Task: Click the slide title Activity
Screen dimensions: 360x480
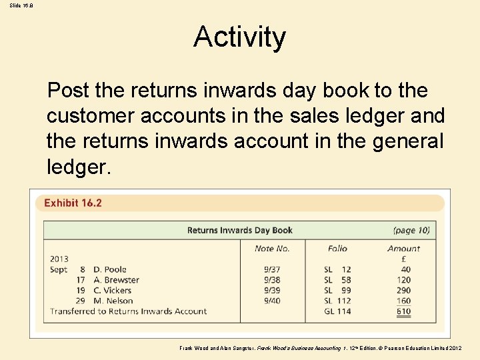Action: (x=239, y=37)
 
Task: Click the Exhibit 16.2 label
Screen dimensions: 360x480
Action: (x=73, y=203)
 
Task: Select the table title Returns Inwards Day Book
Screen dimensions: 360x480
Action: (x=239, y=231)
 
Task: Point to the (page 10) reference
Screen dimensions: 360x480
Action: (x=411, y=231)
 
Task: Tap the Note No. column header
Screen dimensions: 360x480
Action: (x=272, y=249)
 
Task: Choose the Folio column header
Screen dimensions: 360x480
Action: (x=337, y=249)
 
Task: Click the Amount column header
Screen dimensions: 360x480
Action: (x=403, y=249)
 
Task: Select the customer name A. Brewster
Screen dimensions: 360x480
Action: (x=116, y=280)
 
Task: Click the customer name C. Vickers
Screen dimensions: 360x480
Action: (x=113, y=291)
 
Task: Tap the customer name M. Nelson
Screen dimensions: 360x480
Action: (x=113, y=301)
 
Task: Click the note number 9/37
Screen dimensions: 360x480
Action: (x=272, y=270)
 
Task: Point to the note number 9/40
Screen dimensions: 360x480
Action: (x=272, y=301)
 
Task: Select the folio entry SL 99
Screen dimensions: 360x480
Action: (x=337, y=291)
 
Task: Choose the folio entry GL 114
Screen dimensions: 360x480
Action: (x=337, y=311)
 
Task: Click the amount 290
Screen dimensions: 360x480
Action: (x=403, y=291)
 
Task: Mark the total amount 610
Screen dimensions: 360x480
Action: (x=403, y=311)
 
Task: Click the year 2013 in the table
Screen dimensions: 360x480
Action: (x=59, y=259)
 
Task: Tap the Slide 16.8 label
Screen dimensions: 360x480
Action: (x=21, y=5)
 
